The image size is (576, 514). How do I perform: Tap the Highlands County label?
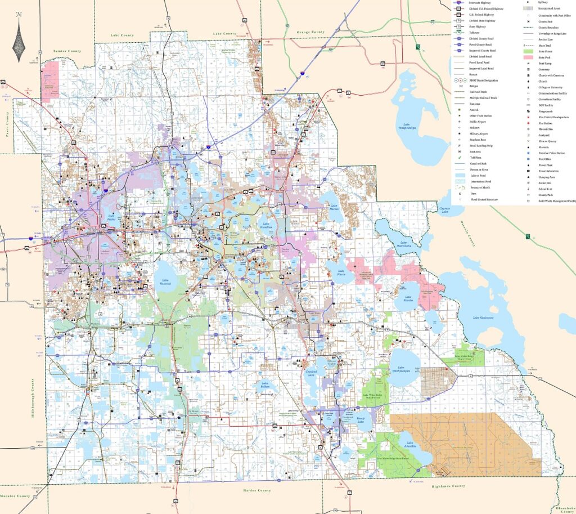coord(448,486)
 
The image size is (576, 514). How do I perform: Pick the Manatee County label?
coord(15,496)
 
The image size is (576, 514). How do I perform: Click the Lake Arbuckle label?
coord(411,445)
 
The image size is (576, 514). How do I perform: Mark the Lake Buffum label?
coord(265,386)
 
